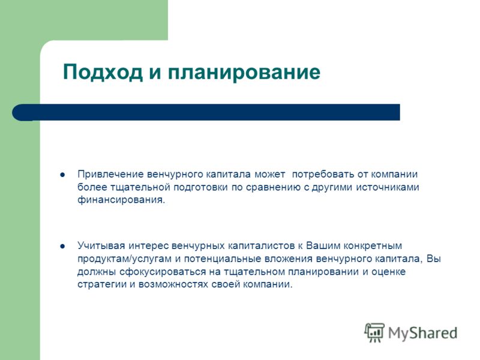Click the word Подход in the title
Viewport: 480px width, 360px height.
tap(103, 73)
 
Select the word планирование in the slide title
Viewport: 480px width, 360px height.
tap(244, 73)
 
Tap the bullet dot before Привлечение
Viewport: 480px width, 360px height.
tap(62, 175)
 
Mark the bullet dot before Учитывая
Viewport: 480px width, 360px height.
tap(62, 246)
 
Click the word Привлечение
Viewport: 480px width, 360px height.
tap(110, 175)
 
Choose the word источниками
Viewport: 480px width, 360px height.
tap(387, 187)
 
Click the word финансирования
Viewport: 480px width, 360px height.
tap(121, 200)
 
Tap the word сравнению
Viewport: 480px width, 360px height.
tap(274, 187)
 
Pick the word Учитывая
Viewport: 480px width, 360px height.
tap(101, 246)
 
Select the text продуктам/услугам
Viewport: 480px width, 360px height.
tap(124, 259)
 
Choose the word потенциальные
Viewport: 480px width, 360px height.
tap(222, 259)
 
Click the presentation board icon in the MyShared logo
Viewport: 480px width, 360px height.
tap(374, 332)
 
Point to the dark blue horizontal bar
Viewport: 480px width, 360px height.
tap(206, 112)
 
